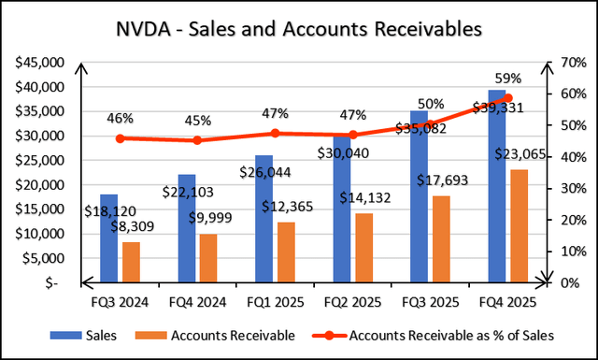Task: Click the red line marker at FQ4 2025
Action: [x=507, y=97]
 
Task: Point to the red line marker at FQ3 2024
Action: [x=121, y=138]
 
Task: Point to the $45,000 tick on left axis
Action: [x=37, y=63]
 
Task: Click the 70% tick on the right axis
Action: [x=572, y=63]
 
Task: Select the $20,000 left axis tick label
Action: [x=37, y=184]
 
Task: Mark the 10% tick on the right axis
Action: [x=572, y=251]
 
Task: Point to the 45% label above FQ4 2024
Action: [x=197, y=121]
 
